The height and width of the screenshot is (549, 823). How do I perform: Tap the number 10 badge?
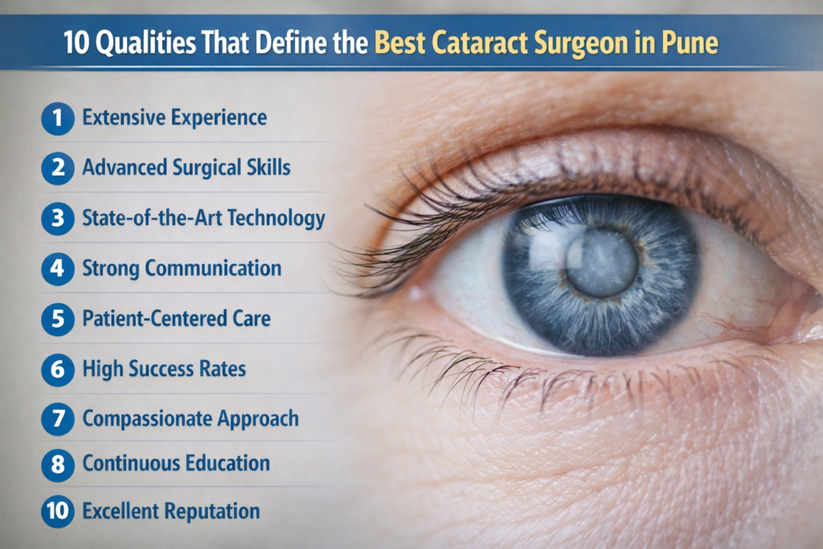tap(57, 511)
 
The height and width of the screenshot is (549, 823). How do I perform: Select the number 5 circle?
tap(57, 319)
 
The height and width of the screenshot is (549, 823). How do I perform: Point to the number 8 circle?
tap(57, 464)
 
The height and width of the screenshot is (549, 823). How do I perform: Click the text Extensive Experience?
tap(174, 118)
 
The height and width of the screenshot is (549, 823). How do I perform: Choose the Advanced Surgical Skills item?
tap(186, 168)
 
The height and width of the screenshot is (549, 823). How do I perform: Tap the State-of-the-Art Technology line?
tap(203, 218)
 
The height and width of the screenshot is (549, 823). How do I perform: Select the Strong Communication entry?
tap(182, 268)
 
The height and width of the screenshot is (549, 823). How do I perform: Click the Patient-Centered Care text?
tap(176, 319)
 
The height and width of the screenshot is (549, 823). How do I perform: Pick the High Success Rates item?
tap(164, 369)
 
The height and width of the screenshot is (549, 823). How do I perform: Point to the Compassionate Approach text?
tap(190, 419)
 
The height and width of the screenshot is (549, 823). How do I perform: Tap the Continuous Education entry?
tap(176, 464)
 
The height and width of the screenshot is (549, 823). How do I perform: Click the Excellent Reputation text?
tap(171, 511)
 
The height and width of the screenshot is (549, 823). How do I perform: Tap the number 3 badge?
tap(57, 219)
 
